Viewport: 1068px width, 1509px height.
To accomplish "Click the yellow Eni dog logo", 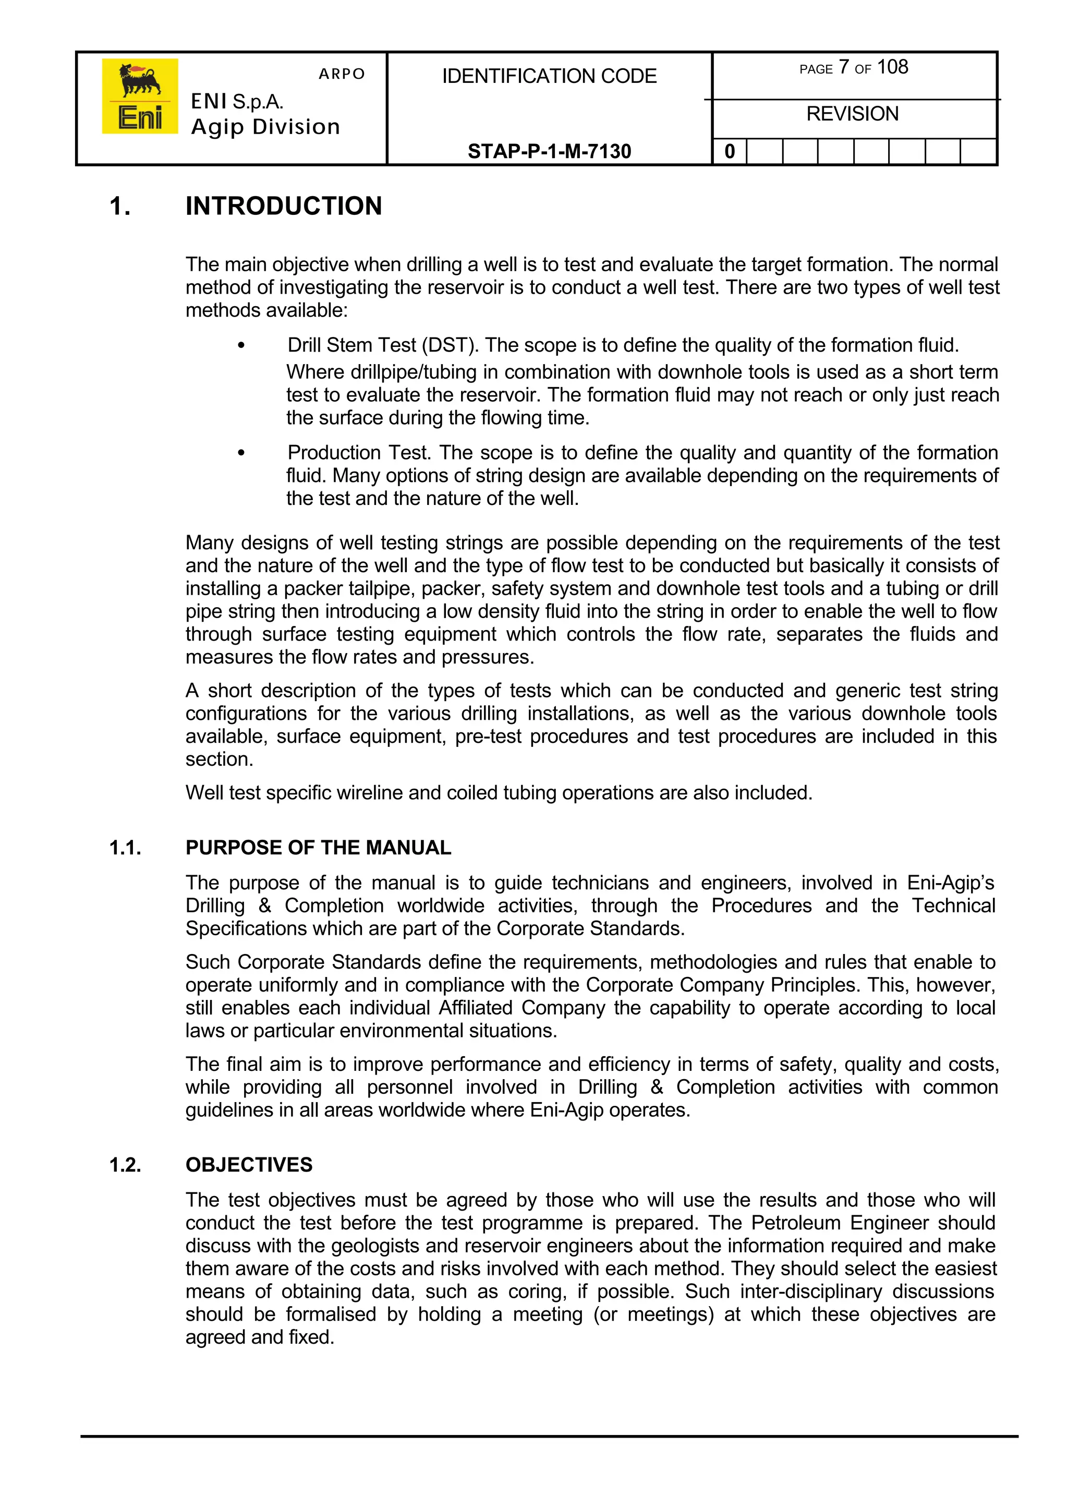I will [139, 96].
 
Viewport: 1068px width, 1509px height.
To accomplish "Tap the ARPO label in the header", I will [342, 74].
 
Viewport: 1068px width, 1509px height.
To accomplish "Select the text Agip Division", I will [265, 126].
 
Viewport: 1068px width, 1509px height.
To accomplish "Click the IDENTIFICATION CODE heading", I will [549, 76].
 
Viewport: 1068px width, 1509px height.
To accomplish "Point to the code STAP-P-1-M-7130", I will [549, 151].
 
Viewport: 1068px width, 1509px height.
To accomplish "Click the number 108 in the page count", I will [892, 67].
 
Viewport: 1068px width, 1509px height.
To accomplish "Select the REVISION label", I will [852, 114].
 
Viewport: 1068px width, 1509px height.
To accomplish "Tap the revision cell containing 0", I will [730, 152].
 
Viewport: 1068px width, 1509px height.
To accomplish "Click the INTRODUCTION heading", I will [284, 206].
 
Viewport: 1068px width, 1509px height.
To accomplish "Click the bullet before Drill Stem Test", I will [241, 346].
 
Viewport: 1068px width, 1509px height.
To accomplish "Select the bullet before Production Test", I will [241, 453].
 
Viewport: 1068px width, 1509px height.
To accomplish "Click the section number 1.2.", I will [126, 1165].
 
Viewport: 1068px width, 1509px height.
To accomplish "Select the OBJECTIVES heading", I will [249, 1165].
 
